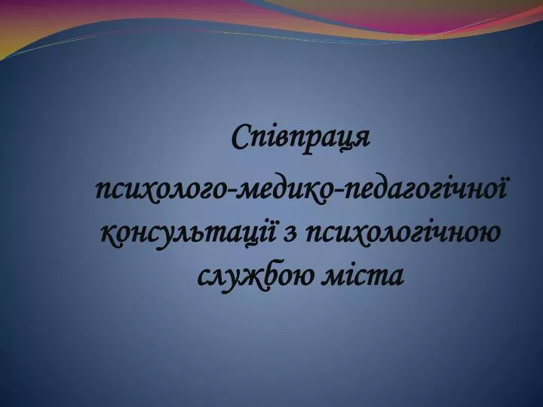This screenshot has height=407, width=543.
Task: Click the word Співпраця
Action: (301, 139)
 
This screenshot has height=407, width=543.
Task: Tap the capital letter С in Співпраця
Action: (242, 136)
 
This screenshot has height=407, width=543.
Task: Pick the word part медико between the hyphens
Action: (286, 192)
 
